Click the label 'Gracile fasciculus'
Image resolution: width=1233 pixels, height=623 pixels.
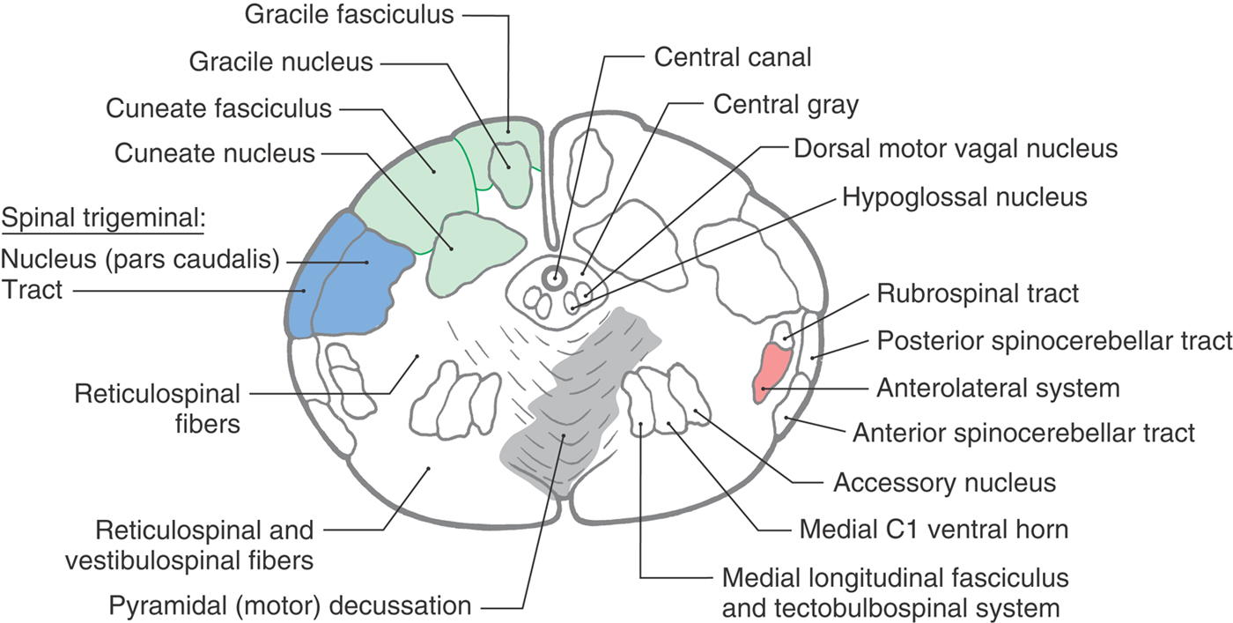(349, 15)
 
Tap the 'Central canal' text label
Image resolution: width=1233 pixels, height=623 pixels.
(732, 58)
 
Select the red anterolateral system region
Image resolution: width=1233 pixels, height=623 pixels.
(770, 372)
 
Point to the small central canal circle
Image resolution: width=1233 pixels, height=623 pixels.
(554, 278)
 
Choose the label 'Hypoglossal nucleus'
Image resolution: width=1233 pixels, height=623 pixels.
(964, 197)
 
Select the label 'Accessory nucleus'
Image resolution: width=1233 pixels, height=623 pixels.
(944, 483)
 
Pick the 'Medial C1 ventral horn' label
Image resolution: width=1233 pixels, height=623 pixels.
(934, 530)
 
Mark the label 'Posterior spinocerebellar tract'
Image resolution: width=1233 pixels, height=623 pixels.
(1053, 341)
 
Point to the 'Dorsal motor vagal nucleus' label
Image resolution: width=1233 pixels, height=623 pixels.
(956, 148)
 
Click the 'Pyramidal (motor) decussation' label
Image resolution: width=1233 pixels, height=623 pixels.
(290, 606)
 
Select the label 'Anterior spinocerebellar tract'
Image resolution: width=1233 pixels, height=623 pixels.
(1023, 433)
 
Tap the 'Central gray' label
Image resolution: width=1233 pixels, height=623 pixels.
(786, 106)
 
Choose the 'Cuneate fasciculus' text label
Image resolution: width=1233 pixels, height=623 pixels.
(218, 109)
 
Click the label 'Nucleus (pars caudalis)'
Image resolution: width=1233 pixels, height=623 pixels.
(140, 260)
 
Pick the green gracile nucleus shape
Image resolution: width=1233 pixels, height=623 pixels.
(508, 167)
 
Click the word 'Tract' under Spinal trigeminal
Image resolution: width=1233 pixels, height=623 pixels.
(33, 289)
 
